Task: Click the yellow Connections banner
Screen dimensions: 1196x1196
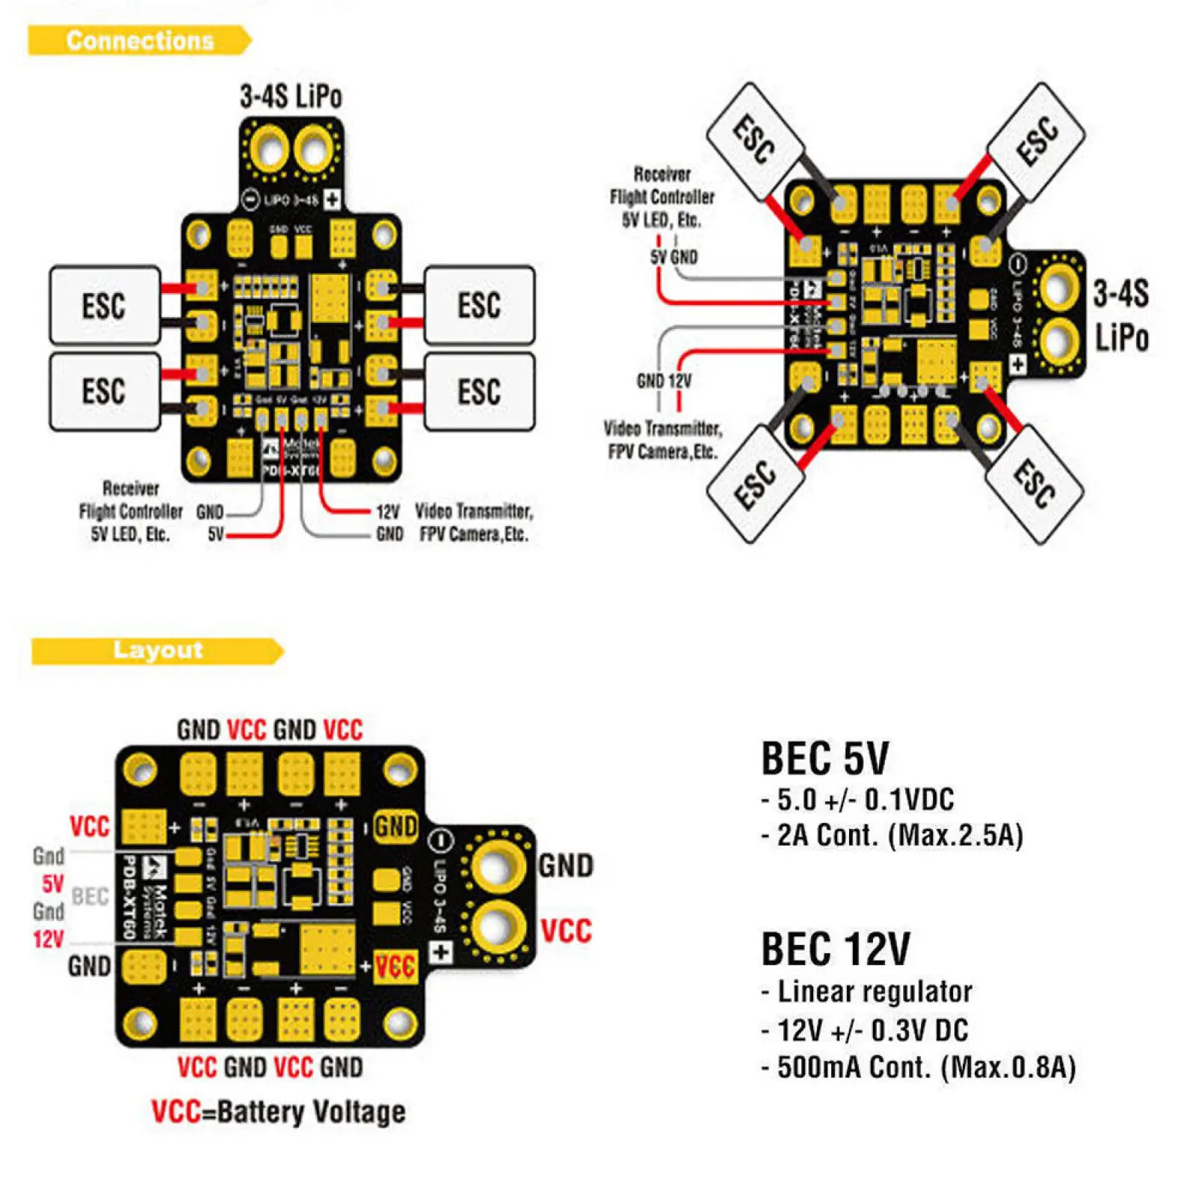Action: coord(140,40)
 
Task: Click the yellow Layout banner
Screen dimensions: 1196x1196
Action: coord(157,650)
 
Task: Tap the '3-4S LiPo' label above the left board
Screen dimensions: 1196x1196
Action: coord(291,97)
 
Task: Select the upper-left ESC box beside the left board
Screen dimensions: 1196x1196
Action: coord(105,305)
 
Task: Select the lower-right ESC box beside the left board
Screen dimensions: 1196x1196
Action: coord(479,392)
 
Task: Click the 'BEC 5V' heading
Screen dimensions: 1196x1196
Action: coord(824,758)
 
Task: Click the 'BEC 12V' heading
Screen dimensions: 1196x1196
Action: coord(835,949)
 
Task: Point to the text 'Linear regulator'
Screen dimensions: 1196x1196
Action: coord(875,992)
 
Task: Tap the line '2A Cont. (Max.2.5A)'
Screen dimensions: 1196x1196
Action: coord(899,835)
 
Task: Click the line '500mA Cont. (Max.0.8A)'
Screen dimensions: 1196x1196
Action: coord(925,1067)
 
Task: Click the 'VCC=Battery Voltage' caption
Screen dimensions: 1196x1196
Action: coord(278,1112)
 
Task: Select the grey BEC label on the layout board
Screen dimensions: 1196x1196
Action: coord(90,896)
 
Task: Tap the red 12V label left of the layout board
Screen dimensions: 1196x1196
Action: coord(49,940)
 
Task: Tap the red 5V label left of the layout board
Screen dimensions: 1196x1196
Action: coord(52,884)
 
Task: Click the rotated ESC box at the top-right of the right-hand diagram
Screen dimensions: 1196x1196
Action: coord(1036,141)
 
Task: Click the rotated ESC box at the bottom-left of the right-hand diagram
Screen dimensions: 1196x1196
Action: coord(754,484)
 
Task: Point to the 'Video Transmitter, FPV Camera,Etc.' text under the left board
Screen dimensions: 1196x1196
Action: coord(473,523)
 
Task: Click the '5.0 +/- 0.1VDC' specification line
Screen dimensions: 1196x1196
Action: coord(865,800)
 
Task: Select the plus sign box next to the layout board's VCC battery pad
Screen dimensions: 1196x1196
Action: coord(441,952)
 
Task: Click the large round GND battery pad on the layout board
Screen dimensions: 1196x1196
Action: coord(494,867)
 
